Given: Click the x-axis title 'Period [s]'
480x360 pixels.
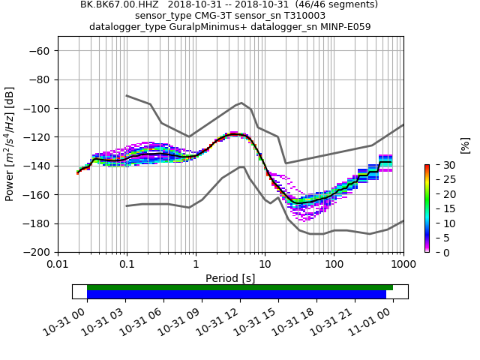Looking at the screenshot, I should tap(230, 278).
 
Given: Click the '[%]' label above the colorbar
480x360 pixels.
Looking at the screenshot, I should tap(465, 145).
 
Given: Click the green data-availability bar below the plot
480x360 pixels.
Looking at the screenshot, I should tap(240, 287).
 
